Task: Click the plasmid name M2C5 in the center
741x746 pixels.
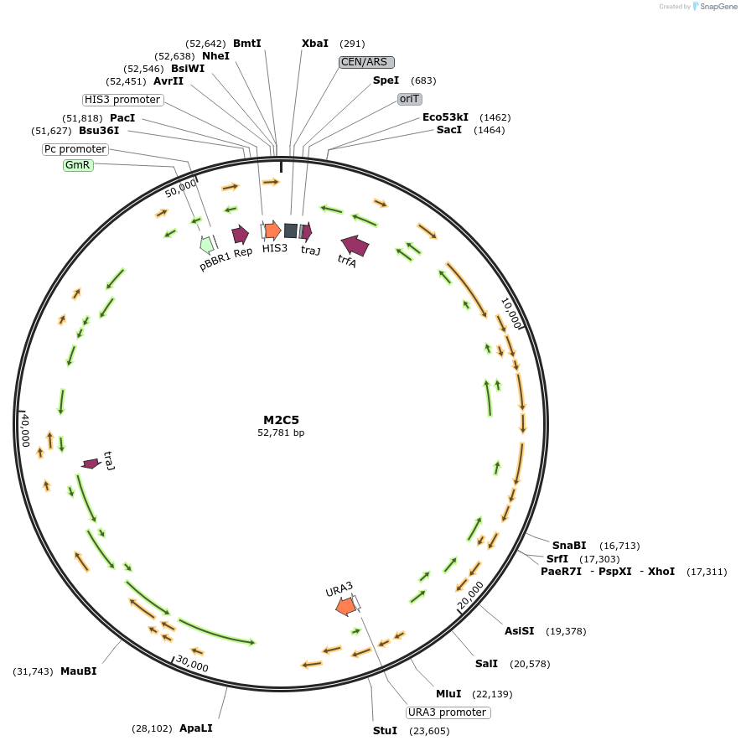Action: click(x=281, y=420)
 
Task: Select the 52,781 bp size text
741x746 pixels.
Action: click(x=281, y=433)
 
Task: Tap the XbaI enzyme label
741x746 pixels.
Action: click(x=315, y=44)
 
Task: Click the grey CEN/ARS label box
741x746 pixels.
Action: click(x=366, y=62)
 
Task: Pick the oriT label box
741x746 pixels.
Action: click(x=410, y=99)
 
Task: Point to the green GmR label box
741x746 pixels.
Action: click(x=78, y=165)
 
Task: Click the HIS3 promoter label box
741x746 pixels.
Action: click(x=122, y=100)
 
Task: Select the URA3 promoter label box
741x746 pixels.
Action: click(x=448, y=712)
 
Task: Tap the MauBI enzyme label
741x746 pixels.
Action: click(x=78, y=671)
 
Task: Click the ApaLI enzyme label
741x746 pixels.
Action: click(x=196, y=728)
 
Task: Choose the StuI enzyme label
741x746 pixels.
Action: click(x=385, y=731)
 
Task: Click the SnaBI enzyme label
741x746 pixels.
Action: click(x=569, y=546)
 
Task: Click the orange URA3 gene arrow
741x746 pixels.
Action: click(x=345, y=605)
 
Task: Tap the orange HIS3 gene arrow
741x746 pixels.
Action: click(x=272, y=230)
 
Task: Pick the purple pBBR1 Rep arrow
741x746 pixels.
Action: click(x=241, y=235)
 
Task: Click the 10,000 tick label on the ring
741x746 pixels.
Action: click(x=511, y=313)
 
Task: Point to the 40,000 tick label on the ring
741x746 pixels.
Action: click(x=26, y=430)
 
